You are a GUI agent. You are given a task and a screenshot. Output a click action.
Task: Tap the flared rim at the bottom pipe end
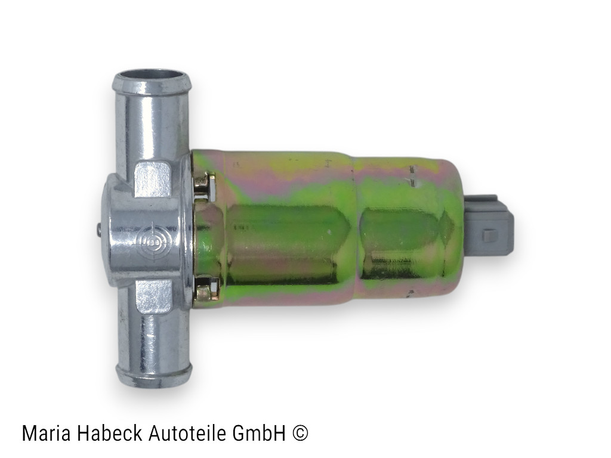tap(154, 375)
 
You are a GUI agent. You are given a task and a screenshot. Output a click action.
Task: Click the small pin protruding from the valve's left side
tap(98, 229)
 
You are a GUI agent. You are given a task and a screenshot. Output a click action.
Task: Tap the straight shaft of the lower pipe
tap(153, 340)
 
